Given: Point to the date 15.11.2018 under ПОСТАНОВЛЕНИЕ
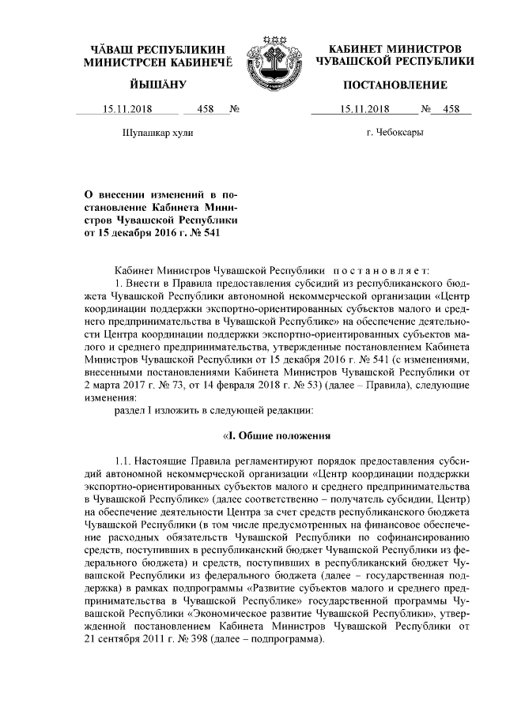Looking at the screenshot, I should [364, 110].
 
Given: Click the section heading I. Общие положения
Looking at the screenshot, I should [276, 436].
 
